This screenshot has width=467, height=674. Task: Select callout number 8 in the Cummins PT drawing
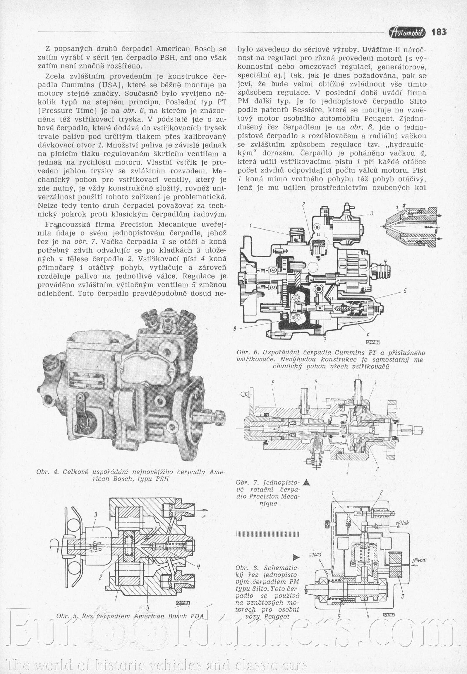pyautogui.click(x=235, y=329)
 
